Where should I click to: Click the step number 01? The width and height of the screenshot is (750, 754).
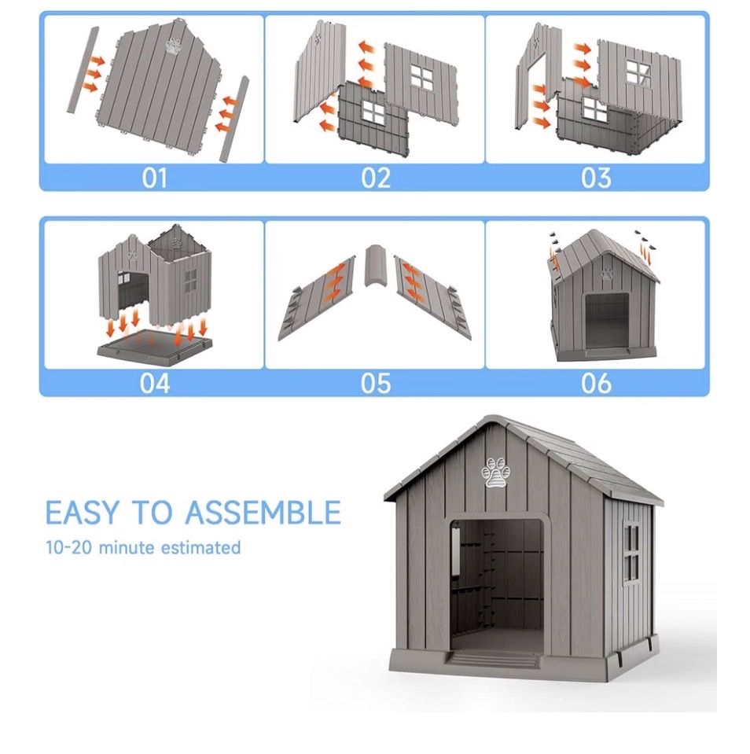(154, 178)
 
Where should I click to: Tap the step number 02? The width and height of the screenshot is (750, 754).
(376, 178)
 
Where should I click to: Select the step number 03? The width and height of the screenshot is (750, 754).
(596, 178)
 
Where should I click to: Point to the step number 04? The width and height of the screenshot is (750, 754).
(155, 383)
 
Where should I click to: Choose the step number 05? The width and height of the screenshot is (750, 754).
(376, 383)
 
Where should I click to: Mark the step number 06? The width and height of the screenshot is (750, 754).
(596, 383)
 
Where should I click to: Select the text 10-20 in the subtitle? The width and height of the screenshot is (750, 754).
(68, 547)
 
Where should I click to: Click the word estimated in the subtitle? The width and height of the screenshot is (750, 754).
(200, 547)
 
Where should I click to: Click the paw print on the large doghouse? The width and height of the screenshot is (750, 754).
(495, 473)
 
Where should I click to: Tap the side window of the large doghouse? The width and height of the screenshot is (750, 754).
(632, 553)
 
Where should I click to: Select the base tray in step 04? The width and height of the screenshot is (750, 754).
(154, 346)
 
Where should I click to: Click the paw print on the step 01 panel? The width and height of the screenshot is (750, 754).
(174, 45)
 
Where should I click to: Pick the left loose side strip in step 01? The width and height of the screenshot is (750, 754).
(83, 70)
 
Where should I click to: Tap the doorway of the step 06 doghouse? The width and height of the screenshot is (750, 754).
(607, 321)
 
